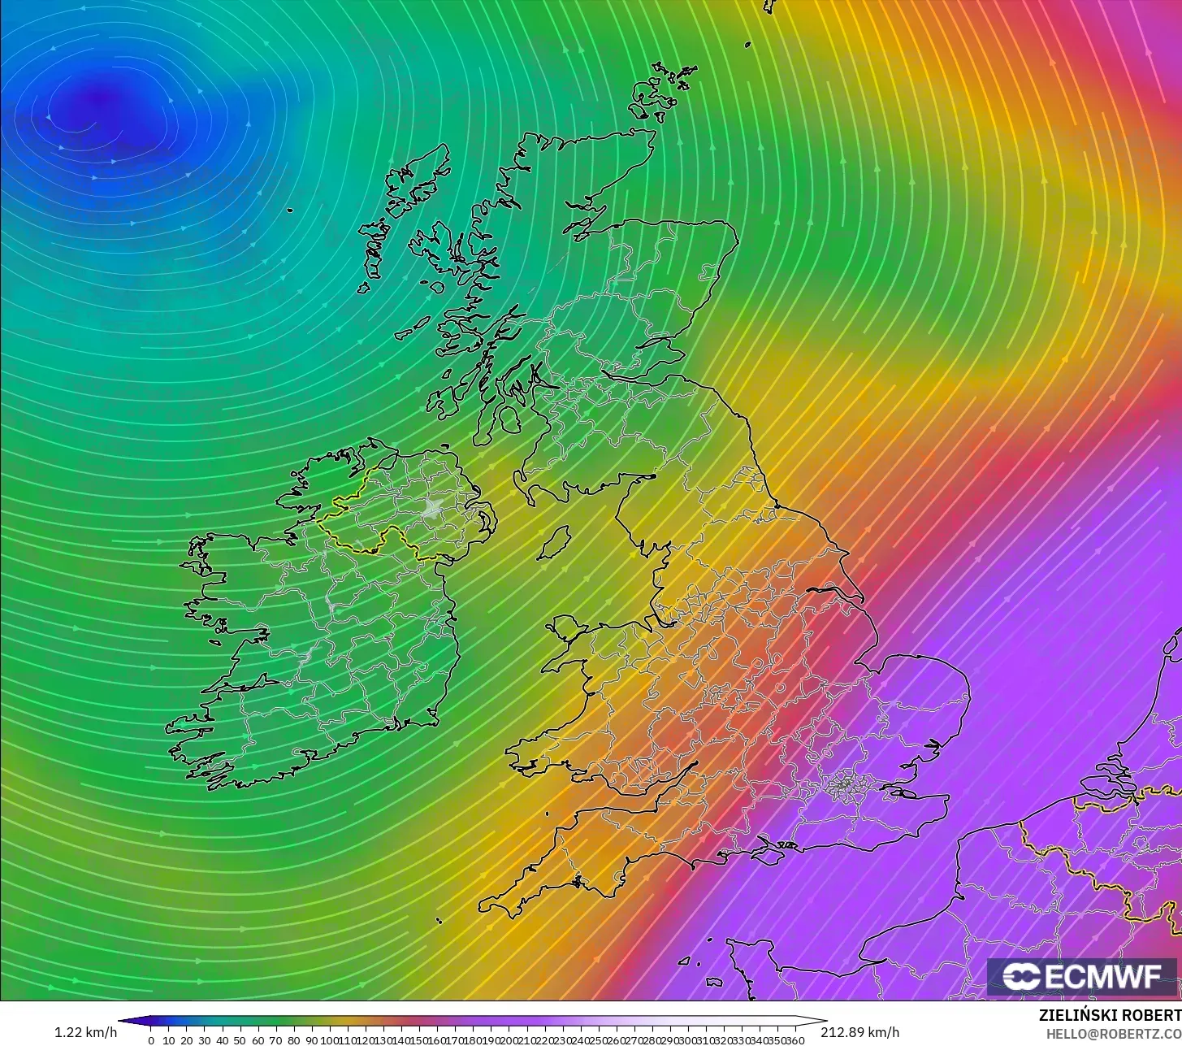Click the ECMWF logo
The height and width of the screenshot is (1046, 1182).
point(1083,977)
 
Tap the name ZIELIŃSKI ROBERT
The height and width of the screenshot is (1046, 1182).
point(1110,1016)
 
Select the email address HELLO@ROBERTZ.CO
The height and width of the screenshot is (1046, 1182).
point(1113,1033)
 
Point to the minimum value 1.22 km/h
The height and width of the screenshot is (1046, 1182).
point(85,1032)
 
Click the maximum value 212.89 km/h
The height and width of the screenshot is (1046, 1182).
point(859,1032)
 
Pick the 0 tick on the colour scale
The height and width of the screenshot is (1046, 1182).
point(151,1040)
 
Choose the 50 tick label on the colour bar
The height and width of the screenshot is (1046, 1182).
point(240,1040)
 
